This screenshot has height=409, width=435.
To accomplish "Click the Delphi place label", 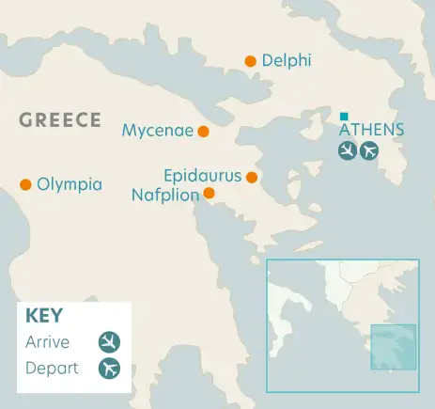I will tap(287, 61).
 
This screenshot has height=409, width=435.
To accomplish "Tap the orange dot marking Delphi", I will tap(250, 61).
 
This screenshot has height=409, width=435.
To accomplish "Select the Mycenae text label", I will tap(157, 131).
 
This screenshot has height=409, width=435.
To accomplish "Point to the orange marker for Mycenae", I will tap(203, 132).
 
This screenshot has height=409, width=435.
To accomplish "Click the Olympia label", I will tap(69, 184).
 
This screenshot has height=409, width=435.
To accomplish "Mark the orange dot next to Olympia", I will tap(25, 184).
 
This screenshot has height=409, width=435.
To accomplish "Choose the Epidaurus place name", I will tap(203, 176).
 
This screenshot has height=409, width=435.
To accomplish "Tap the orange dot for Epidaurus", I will tap(252, 177).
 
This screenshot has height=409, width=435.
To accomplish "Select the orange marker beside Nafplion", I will tap(209, 194).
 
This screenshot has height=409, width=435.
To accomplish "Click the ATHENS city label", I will tap(371, 130).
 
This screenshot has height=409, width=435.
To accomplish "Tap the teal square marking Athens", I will tap(344, 116).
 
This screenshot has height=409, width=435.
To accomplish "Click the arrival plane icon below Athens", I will tap(348, 150).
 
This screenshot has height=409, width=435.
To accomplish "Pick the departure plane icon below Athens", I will tap(369, 150).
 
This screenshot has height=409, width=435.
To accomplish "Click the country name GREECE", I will tap(60, 119).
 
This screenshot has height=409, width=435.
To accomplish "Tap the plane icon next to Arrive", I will tap(110, 341).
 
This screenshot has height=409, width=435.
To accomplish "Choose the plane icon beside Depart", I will tap(110, 368).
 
